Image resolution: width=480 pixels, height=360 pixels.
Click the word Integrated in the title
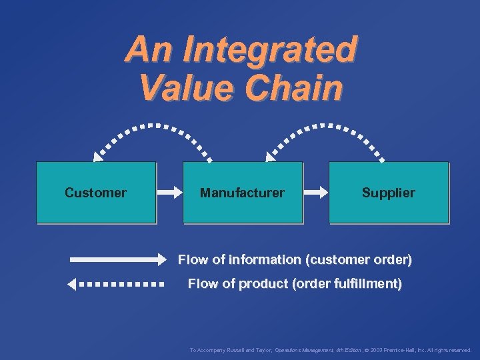269,50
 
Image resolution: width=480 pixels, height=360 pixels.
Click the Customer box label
95,193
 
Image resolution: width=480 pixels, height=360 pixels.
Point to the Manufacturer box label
242,193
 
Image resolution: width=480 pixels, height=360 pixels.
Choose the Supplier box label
388,193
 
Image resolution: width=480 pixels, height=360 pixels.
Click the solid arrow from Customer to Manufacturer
169,193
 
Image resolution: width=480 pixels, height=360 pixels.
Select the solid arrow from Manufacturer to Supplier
316,193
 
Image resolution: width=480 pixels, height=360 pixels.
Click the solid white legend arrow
117,259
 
